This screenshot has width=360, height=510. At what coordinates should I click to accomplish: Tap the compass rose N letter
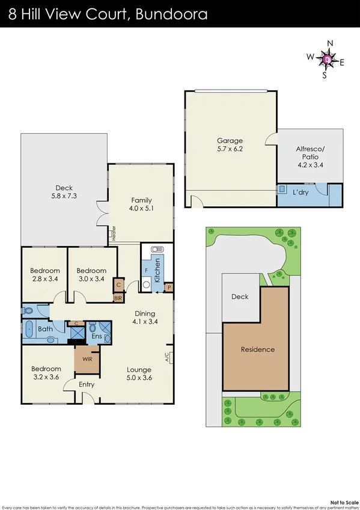pyautogui.click(x=329, y=43)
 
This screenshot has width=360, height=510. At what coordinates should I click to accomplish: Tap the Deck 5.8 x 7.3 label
pyautogui.click(x=64, y=192)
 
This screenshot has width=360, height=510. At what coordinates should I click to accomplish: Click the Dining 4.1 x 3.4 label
pyautogui.click(x=145, y=318)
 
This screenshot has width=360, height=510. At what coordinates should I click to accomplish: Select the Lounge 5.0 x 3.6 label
pyautogui.click(x=139, y=374)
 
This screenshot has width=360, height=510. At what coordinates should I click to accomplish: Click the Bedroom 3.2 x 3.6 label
pyautogui.click(x=46, y=373)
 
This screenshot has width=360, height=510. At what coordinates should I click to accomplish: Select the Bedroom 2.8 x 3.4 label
pyautogui.click(x=46, y=275)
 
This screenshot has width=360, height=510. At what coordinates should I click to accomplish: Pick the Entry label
pyautogui.click(x=87, y=384)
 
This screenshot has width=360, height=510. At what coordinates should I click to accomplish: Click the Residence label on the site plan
pyautogui.click(x=258, y=349)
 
